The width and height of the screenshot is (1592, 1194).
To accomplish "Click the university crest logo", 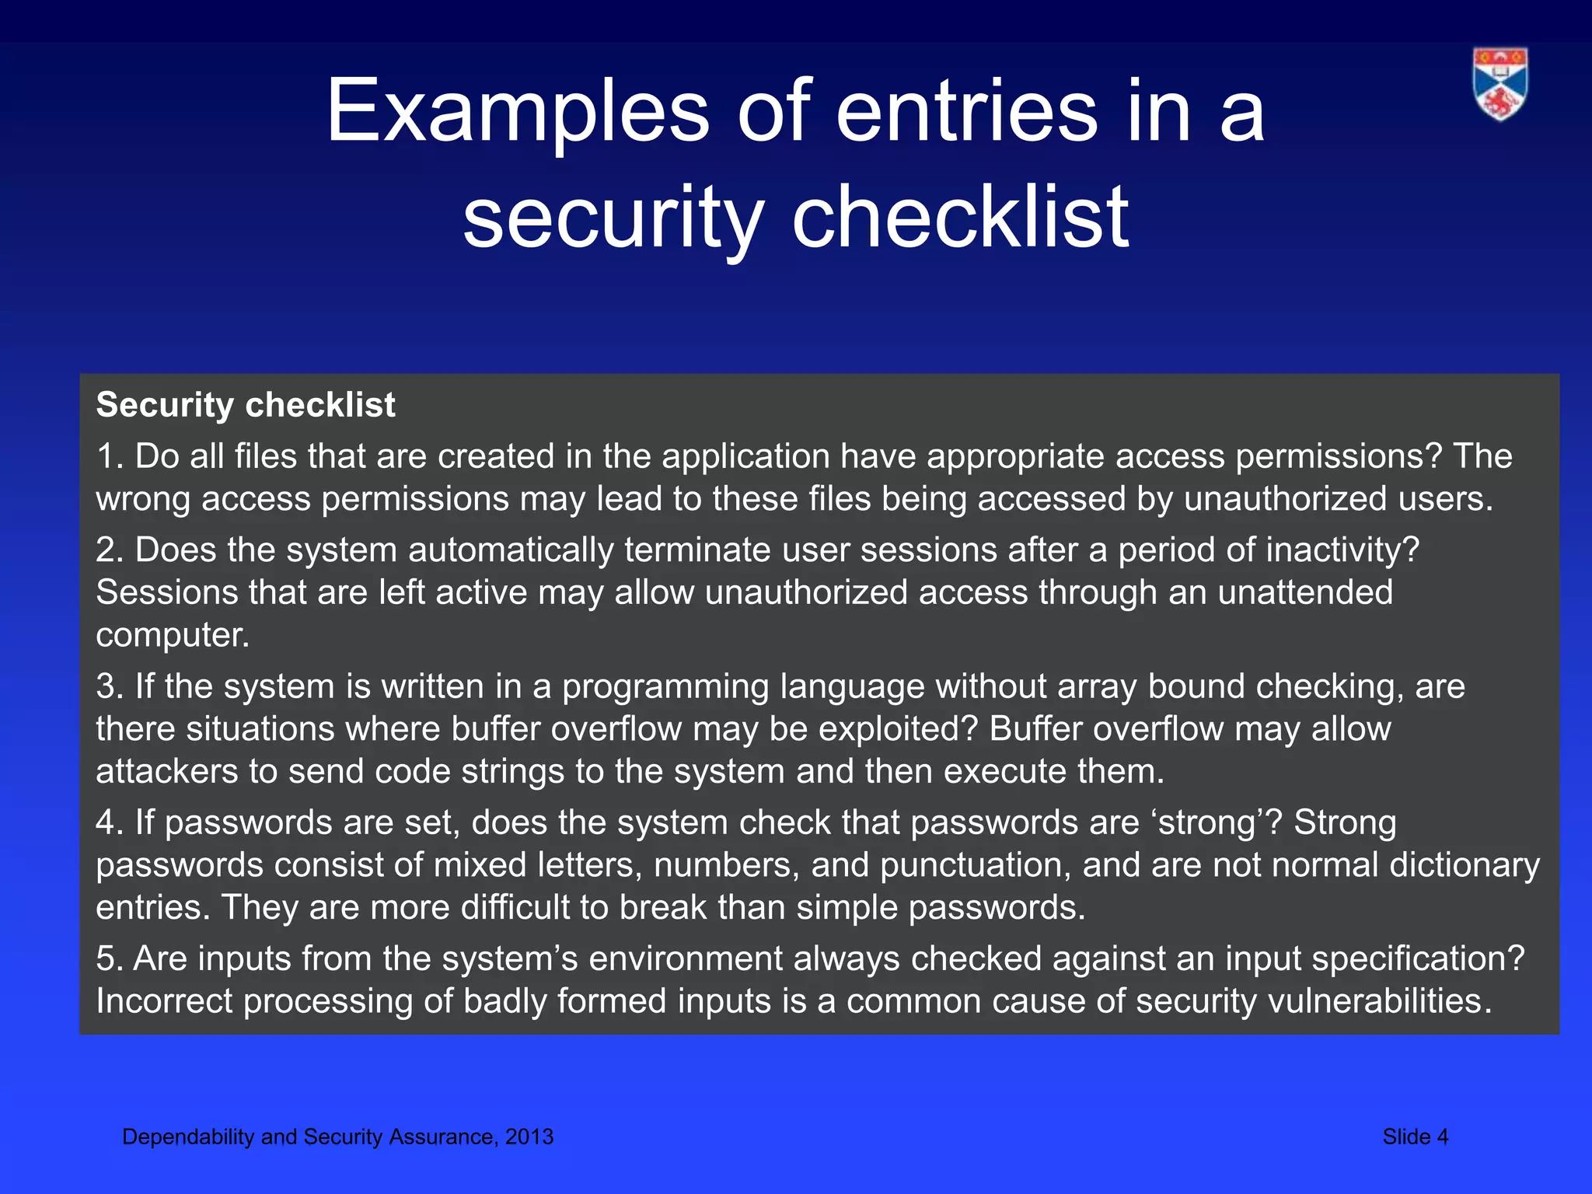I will point(1500,84).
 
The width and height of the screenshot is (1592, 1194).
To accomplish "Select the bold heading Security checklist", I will point(246,405).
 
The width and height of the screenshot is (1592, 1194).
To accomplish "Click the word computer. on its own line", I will point(173,636).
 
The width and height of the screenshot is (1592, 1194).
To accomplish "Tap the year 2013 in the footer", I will point(529,1136).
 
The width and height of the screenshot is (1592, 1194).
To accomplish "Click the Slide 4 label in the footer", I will point(1415,1136).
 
